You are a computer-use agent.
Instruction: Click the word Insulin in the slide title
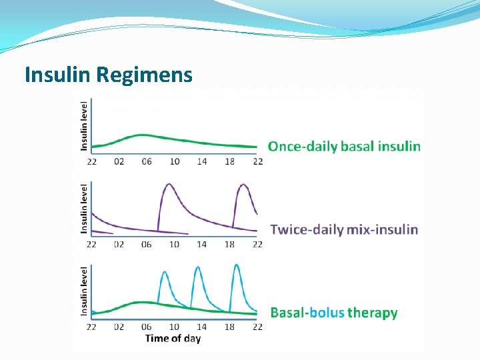click(57, 75)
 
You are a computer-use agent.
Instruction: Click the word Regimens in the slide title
click(144, 75)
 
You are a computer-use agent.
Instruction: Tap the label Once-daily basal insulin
click(344, 146)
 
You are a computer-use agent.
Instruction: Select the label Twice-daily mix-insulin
click(344, 230)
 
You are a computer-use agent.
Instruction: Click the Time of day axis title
click(173, 338)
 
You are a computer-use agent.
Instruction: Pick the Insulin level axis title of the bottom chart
click(84, 291)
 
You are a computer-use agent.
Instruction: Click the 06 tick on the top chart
click(147, 161)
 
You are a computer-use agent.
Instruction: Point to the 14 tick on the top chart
click(201, 161)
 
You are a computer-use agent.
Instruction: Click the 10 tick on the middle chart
click(174, 244)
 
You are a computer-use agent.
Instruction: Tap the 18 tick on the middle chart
click(229, 244)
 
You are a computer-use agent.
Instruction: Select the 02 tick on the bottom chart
click(119, 327)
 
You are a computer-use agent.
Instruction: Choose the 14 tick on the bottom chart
click(201, 327)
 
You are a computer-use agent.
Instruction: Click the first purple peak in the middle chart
click(169, 185)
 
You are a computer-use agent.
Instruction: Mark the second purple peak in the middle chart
click(244, 185)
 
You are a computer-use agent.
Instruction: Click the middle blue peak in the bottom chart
click(197, 268)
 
